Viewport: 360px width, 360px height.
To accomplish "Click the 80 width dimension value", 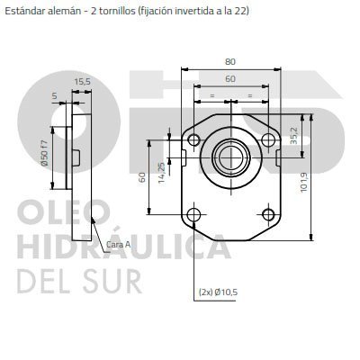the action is click(x=230, y=61).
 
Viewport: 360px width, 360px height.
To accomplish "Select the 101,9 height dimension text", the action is click(x=304, y=182).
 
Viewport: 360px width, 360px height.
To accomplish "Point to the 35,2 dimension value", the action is click(x=293, y=136).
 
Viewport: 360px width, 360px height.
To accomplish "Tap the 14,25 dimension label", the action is click(x=162, y=173).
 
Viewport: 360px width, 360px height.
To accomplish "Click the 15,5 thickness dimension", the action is click(x=82, y=82).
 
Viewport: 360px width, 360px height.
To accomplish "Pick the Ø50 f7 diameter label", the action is click(x=45, y=153).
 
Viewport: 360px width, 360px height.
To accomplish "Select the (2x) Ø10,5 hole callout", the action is click(x=218, y=292).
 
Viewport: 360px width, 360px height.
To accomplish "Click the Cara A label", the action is click(x=119, y=245).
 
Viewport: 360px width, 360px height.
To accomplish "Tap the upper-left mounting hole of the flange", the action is click(x=193, y=139).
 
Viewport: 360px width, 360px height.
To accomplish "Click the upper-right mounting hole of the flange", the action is click(x=268, y=139).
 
